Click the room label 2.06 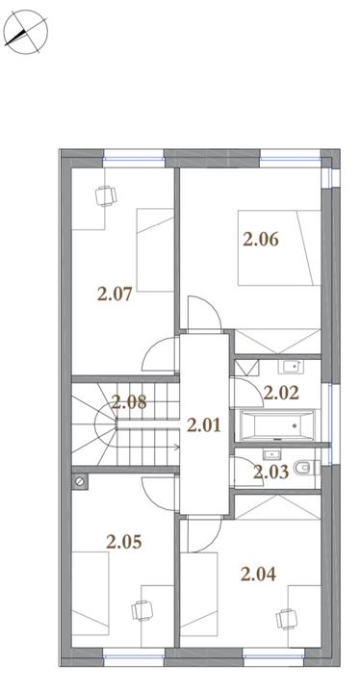click(x=261, y=239)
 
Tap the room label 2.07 click(x=115, y=294)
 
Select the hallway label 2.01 click(x=203, y=425)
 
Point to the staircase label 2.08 click(x=129, y=402)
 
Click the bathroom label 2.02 click(x=281, y=392)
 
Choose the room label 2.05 click(x=124, y=541)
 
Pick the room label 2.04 click(x=258, y=574)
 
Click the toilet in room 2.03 click(x=306, y=468)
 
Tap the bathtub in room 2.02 click(x=277, y=425)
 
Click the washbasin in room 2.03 click(x=270, y=454)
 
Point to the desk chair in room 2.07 click(x=106, y=195)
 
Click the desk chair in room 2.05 click(x=141, y=611)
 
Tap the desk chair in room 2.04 click(x=286, y=619)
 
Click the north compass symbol click(x=25, y=32)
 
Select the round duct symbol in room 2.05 click(x=80, y=482)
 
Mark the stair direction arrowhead click(x=177, y=447)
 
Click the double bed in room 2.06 click(x=279, y=247)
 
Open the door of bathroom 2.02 click(x=244, y=393)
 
